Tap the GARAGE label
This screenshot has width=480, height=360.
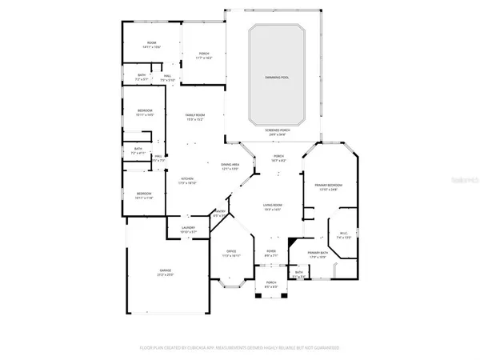pyautogui.click(x=164, y=271)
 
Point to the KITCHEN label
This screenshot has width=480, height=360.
pyautogui.click(x=186, y=178)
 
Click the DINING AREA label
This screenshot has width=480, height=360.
pyautogui.click(x=230, y=165)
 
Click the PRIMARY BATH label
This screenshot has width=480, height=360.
pyautogui.click(x=319, y=253)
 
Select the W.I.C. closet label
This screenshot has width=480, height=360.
pyautogui.click(x=343, y=234)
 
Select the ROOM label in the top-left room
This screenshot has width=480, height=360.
pyautogui.click(x=150, y=42)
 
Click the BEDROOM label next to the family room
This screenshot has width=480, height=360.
pyautogui.click(x=145, y=111)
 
